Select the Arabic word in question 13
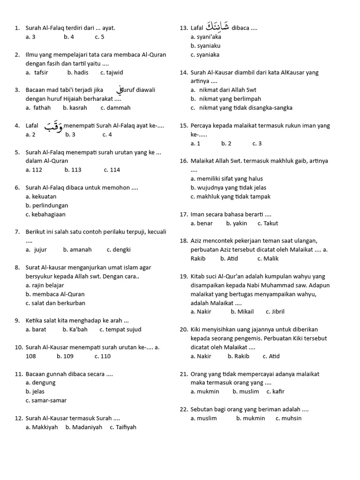pos(217,26)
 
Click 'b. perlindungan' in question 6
pos(47,205)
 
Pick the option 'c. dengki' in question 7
pos(119,249)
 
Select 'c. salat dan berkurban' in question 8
pos(55,303)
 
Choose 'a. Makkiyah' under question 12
pos(42,427)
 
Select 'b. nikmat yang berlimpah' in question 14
pos(226,99)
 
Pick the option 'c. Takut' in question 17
pos(268,223)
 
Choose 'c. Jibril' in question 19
pos(275,311)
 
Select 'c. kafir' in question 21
pos(276,391)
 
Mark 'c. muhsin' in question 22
pos(288,418)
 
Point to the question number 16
pos(183,161)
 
